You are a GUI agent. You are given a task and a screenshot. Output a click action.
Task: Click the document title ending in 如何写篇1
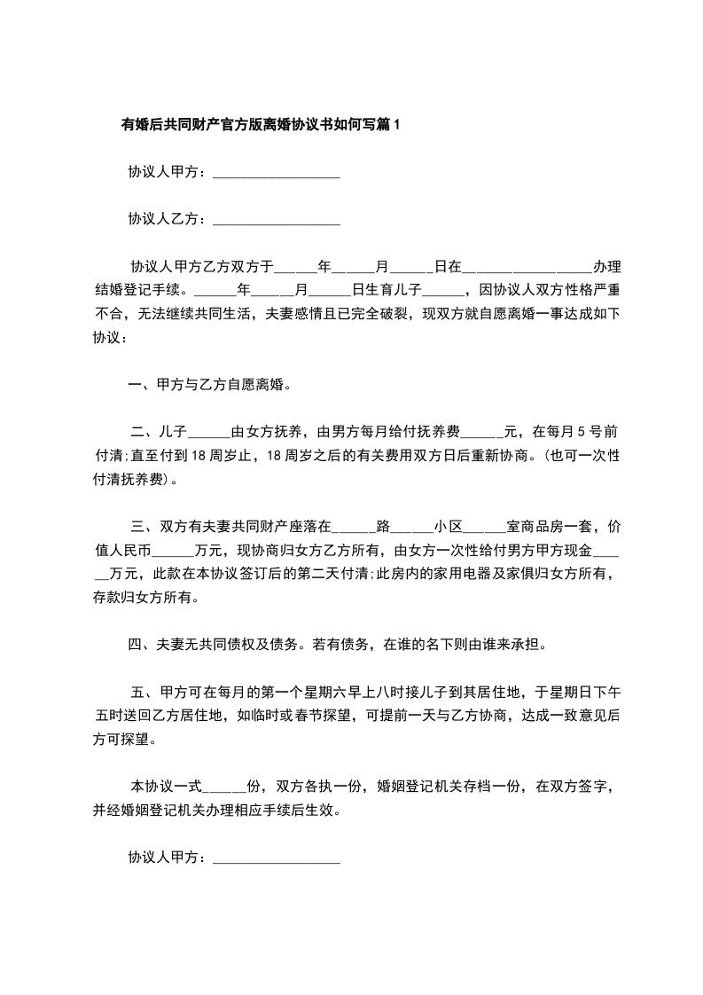click(261, 125)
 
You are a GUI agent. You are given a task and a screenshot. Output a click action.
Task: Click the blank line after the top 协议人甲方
click(277, 173)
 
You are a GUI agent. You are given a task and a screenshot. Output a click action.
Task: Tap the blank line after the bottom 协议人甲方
click(277, 858)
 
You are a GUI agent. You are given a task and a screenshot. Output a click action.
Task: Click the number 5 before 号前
click(581, 434)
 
